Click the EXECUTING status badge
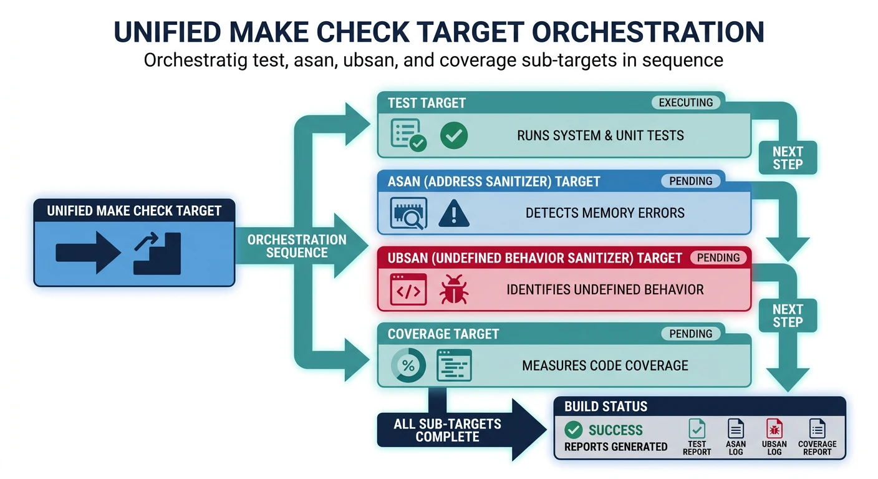(685, 103)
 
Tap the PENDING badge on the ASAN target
(690, 181)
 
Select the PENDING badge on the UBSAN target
(718, 258)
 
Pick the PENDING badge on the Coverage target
(690, 334)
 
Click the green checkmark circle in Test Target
(453, 135)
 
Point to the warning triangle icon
(453, 213)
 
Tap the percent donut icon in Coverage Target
(408, 366)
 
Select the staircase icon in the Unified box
(157, 253)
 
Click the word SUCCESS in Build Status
(615, 430)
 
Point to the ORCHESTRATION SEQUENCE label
(297, 246)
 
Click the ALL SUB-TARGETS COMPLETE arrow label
(447, 430)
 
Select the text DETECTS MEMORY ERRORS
(604, 213)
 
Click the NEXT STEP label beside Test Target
(788, 158)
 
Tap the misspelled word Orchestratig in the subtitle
(191, 60)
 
